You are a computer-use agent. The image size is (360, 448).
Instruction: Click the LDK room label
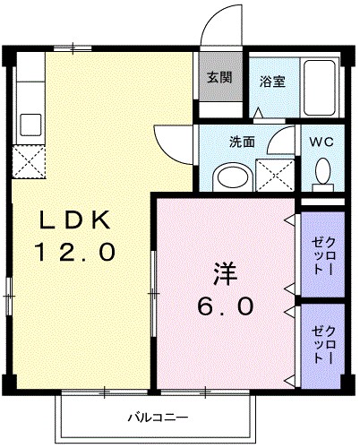click(75, 220)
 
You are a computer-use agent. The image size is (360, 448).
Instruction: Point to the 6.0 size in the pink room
click(225, 305)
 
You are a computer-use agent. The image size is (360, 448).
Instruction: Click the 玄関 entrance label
click(219, 77)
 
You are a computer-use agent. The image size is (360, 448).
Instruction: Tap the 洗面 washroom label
click(242, 141)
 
